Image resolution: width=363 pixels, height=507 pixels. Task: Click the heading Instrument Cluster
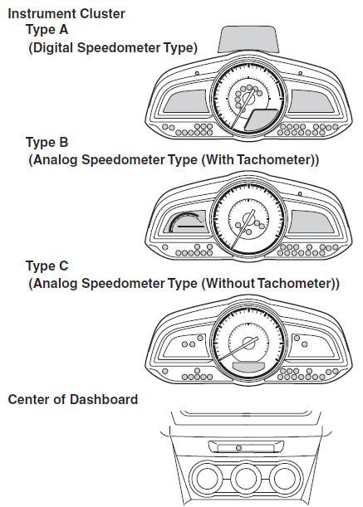click(x=66, y=14)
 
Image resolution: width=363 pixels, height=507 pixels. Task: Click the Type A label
click(x=47, y=29)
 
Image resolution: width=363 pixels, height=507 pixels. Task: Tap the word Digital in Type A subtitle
click(x=53, y=48)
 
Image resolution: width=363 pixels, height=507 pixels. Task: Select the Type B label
click(x=47, y=142)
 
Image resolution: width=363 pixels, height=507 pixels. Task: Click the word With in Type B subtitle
click(x=218, y=159)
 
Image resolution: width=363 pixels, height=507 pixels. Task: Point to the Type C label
click(x=47, y=266)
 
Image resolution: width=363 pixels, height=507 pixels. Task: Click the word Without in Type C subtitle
click(x=230, y=283)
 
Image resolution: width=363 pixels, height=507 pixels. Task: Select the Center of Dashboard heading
click(x=73, y=399)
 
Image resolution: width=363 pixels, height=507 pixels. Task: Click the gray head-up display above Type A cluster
click(x=248, y=40)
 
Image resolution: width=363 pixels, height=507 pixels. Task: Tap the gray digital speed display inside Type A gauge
click(x=261, y=119)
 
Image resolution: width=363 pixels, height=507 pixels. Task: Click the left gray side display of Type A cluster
click(x=185, y=101)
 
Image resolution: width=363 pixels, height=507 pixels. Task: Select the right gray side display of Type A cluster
click(x=311, y=101)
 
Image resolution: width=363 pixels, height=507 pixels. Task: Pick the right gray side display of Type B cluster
click(x=311, y=222)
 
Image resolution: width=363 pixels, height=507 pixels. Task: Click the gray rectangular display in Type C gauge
click(x=248, y=366)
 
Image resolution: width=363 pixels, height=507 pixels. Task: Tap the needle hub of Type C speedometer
click(x=248, y=343)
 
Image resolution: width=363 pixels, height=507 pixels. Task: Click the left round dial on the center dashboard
click(x=206, y=479)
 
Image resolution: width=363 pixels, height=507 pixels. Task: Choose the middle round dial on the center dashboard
click(x=246, y=479)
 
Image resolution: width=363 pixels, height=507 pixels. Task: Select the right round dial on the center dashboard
click(x=286, y=479)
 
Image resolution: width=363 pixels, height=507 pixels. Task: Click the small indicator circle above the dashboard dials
click(x=238, y=448)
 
